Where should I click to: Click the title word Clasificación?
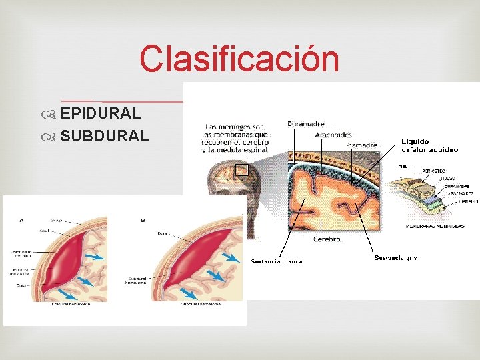[x=239, y=59]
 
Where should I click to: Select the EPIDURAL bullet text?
[x=101, y=113]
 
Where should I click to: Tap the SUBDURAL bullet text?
[x=105, y=136]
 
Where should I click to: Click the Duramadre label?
[x=306, y=123]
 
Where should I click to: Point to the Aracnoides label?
[x=333, y=135]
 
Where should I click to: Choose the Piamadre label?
[x=361, y=145]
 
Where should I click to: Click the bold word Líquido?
[x=415, y=141]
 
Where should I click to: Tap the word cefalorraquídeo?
[x=429, y=150]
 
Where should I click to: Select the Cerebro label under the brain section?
[x=327, y=239]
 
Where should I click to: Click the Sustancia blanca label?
[x=276, y=261]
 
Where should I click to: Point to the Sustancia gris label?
[x=395, y=258]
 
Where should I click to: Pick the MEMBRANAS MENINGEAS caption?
[x=435, y=227]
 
